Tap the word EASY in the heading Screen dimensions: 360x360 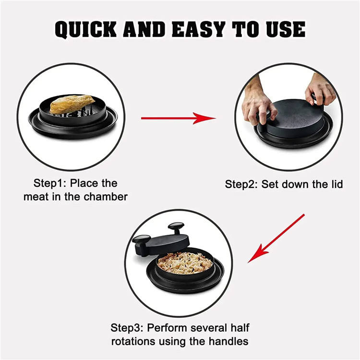point(198,29)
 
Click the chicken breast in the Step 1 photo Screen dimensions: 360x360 point(72,104)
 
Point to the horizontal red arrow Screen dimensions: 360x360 point(178,118)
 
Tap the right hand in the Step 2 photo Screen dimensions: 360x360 point(320,88)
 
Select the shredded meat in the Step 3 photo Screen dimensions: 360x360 point(185,262)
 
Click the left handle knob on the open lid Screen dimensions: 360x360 point(141,239)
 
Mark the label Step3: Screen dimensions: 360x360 point(128,328)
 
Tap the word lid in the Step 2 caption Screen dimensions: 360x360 point(336,184)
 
